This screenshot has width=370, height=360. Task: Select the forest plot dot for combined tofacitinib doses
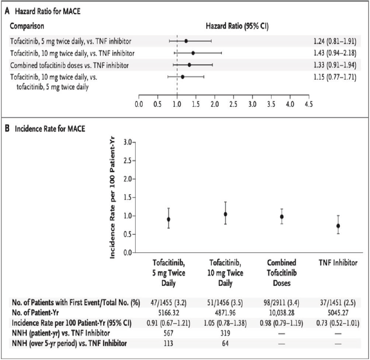click(x=189, y=65)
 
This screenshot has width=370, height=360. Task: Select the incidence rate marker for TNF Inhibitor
click(x=338, y=226)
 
